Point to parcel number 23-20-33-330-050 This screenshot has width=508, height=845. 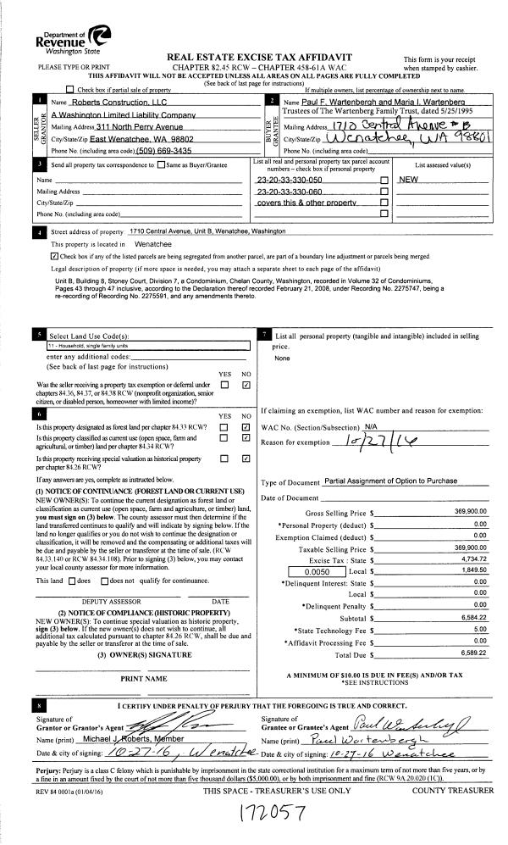pos(290,181)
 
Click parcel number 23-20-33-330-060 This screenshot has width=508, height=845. pos(290,192)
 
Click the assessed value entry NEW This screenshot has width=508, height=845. pos(410,181)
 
